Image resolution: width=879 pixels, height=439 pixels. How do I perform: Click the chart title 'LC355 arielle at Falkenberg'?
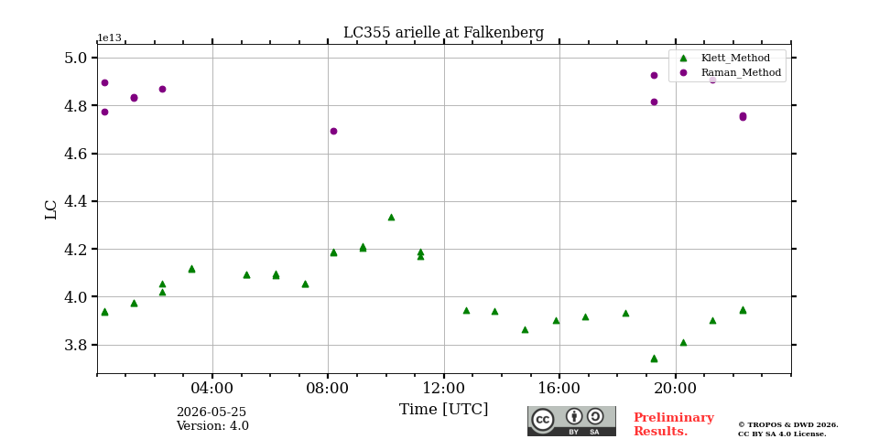443,33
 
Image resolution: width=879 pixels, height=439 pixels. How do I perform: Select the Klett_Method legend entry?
726,58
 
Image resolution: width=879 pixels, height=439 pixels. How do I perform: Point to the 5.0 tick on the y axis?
76,58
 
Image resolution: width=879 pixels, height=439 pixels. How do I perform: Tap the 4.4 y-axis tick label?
76,201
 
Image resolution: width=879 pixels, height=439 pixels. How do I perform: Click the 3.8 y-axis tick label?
76,345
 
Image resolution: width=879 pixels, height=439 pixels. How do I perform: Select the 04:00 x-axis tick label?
212,388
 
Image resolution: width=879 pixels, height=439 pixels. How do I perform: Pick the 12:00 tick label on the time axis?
444,388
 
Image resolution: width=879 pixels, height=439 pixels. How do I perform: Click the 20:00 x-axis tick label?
676,388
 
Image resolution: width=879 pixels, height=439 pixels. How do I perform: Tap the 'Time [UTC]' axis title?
443,410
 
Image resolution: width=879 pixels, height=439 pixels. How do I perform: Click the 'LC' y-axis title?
51,209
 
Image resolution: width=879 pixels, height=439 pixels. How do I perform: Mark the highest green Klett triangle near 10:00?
391,218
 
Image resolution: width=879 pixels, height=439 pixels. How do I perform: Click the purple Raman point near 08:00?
333,131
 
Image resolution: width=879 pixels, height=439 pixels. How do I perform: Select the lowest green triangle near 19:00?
654,359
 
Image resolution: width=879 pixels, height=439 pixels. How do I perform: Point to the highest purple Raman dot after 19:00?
654,75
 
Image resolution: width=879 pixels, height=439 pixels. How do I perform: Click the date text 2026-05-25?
212,412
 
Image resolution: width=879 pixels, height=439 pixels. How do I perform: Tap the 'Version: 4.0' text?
212,425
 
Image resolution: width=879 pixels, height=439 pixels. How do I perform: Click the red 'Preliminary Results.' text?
674,424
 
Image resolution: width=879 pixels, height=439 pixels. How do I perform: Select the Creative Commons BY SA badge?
571,421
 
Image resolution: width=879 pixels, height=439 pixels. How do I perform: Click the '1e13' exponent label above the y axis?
109,38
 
